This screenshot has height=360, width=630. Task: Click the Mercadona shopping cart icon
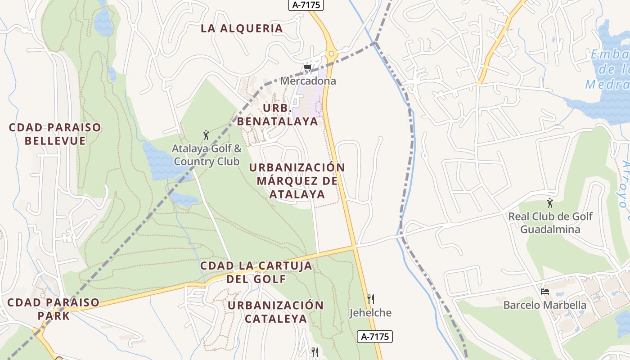pos(307,68)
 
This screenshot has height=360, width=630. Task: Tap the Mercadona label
pos(308,81)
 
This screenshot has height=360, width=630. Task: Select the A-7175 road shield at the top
pos(306,4)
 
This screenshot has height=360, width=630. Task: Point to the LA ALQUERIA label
pos(242,28)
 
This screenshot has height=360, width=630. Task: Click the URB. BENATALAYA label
pos(278,115)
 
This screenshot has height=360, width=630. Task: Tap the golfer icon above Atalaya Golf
pos(206,135)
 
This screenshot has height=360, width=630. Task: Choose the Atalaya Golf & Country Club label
pos(207,155)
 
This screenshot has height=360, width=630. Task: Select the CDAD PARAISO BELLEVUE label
pos(55,134)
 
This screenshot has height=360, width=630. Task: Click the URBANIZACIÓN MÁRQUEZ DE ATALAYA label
pos(297,180)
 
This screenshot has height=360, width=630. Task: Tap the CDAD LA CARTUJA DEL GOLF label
pos(256,272)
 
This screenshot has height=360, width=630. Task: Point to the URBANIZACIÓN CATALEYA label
pos(275,312)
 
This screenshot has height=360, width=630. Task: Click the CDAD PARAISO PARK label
pos(53,309)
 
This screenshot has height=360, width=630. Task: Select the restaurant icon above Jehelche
pos(371,299)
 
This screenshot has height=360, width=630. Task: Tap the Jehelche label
pos(370,313)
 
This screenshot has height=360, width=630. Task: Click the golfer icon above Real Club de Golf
pos(549,203)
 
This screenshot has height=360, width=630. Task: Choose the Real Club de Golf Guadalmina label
pos(550,223)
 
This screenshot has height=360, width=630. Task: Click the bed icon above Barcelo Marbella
pos(545,291)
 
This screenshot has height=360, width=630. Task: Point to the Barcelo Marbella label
pos(544,305)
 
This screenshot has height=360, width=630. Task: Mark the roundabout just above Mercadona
pos(332,54)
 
